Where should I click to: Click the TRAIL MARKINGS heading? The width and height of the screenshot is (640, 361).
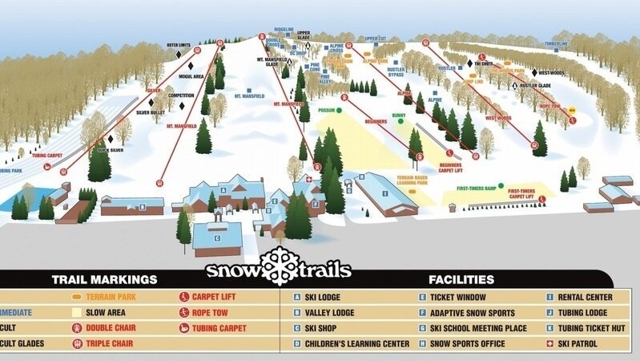click(x=104, y=280)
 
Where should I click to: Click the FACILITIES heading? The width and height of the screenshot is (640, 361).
click(x=461, y=280)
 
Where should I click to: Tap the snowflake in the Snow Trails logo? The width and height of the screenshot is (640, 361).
click(x=280, y=266)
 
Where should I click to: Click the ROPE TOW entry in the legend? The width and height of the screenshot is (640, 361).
click(x=210, y=312)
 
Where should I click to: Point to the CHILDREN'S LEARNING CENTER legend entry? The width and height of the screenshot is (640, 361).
click(x=350, y=343)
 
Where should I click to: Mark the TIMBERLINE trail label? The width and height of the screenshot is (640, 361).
click(x=556, y=43)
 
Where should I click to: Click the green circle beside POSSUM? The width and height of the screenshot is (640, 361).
click(x=340, y=109)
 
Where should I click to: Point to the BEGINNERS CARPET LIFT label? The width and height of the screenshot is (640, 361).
click(x=450, y=168)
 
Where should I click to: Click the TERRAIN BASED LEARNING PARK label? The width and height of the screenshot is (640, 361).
click(x=412, y=179)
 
